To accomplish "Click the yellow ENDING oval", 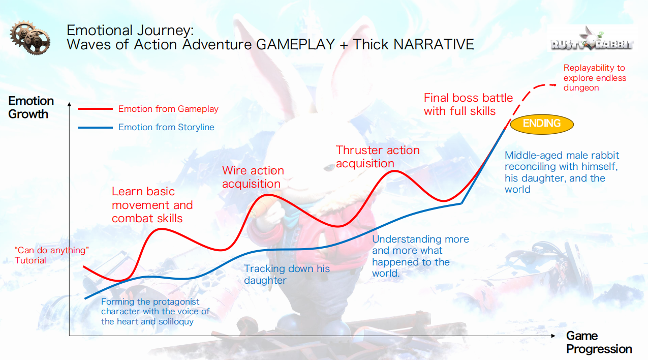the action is [542, 124].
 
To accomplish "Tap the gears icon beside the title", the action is [30, 37].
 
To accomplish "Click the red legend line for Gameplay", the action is [96, 109].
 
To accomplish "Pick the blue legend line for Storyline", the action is [96, 127].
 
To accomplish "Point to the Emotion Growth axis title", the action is [31, 107].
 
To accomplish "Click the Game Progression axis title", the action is [599, 342].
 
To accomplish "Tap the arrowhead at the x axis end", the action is [553, 336].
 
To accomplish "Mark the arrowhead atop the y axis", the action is [69, 104].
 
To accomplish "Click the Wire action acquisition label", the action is [253, 177].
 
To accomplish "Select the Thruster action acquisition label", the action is [378, 157].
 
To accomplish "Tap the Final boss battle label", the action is [468, 104].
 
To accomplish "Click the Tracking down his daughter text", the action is [287, 275].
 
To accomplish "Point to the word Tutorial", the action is [30, 260].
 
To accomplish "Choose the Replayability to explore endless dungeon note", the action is [595, 78].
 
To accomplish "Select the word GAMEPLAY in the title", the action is [295, 45].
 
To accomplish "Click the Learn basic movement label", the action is [152, 205].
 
